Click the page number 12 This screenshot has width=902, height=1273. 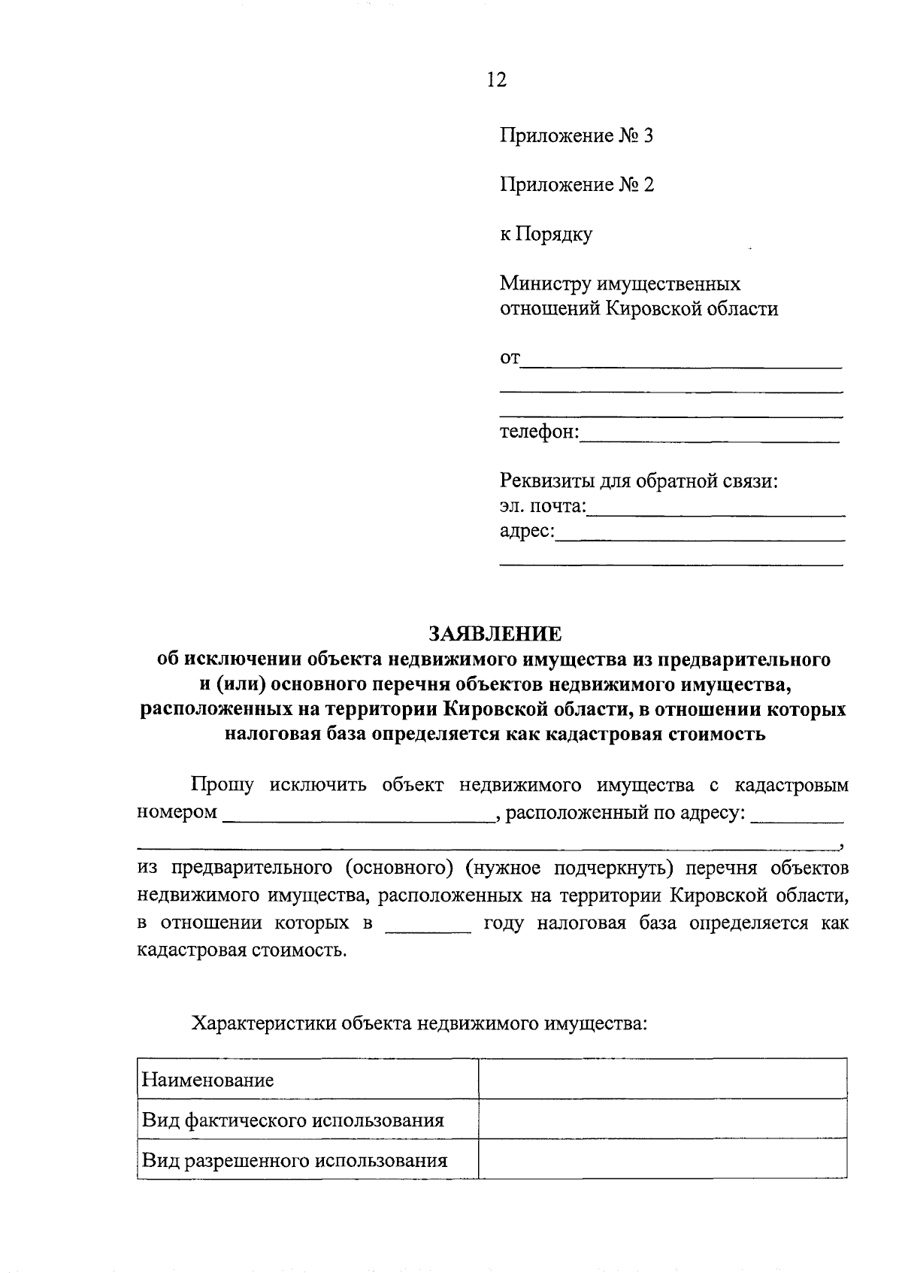[497, 80]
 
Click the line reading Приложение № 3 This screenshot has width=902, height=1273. [577, 136]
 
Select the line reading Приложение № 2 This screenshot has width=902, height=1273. [577, 185]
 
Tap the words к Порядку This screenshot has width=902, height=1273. [546, 235]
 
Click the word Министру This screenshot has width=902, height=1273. [545, 284]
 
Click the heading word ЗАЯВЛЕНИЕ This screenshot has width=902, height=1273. [495, 634]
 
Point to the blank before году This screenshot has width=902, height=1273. [428, 925]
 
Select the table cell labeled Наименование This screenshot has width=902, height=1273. [307, 1081]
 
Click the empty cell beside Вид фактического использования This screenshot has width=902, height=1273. [662, 1120]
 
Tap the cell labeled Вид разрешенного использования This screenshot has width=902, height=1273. [307, 1160]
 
